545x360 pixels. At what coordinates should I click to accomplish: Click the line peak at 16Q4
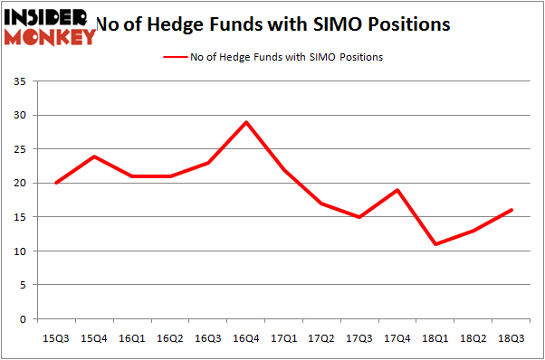(x=245, y=122)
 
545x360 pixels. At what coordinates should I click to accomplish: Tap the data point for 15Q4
(x=93, y=156)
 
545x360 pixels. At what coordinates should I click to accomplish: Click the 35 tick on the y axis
(x=19, y=81)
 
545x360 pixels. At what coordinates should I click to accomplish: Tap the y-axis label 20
(x=19, y=184)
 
